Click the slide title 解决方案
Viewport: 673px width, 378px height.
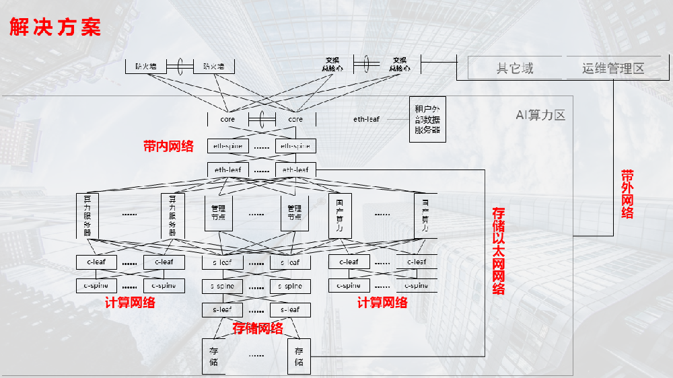pyautogui.click(x=55, y=28)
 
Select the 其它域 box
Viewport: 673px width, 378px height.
pyautogui.click(x=515, y=68)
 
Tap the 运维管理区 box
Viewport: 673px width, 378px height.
pyautogui.click(x=613, y=68)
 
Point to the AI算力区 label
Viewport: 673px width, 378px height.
pyautogui.click(x=540, y=115)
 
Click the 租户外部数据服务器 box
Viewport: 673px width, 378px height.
pyautogui.click(x=427, y=119)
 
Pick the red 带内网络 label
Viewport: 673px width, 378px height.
pyautogui.click(x=168, y=146)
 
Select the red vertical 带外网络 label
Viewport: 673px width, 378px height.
pyautogui.click(x=627, y=194)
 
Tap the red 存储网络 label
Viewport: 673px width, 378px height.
pyautogui.click(x=257, y=328)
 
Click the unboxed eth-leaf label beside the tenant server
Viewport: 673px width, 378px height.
pyautogui.click(x=367, y=119)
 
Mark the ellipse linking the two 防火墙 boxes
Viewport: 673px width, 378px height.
pyautogui.click(x=180, y=66)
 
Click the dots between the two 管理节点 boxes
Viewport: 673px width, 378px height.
pyautogui.click(x=256, y=214)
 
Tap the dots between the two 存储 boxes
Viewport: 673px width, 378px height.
pyautogui.click(x=256, y=354)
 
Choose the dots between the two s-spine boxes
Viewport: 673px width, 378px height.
pyautogui.click(x=256, y=287)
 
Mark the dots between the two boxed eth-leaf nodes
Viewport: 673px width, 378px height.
pyautogui.click(x=262, y=170)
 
